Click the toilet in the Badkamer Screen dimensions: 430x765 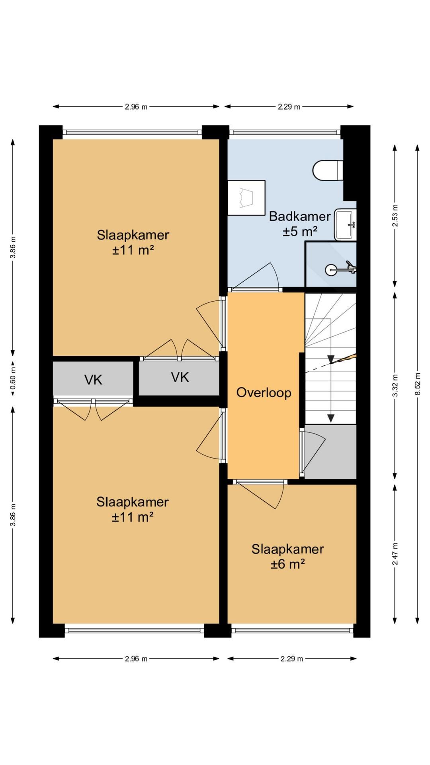click(x=328, y=171)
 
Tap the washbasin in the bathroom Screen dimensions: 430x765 click(x=345, y=225)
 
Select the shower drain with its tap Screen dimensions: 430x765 click(x=340, y=269)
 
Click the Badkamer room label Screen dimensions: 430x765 click(x=300, y=216)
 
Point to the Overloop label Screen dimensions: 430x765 click(x=264, y=392)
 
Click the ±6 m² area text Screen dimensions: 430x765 click(x=288, y=564)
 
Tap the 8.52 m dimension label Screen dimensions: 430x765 click(x=417, y=384)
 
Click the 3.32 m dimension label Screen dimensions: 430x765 click(x=395, y=385)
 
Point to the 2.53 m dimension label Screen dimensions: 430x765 click(x=395, y=216)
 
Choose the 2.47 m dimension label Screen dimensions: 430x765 click(x=395, y=554)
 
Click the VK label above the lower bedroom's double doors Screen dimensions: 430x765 click(x=94, y=380)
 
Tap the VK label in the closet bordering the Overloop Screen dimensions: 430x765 click(x=180, y=377)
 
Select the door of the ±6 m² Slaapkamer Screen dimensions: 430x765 click(x=259, y=494)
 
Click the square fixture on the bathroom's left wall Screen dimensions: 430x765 click(x=246, y=198)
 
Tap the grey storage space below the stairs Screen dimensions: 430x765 click(x=330, y=451)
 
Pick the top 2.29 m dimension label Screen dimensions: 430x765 click(x=289, y=106)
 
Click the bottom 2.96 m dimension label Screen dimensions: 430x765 click(x=136, y=659)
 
